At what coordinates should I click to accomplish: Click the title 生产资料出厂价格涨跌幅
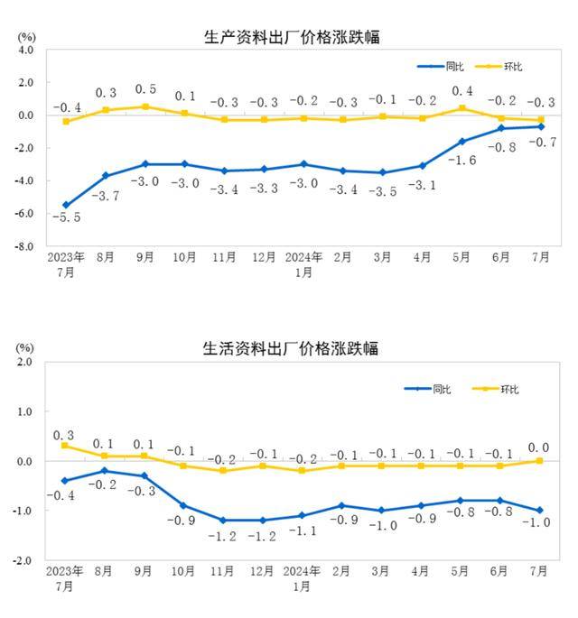tap(290, 37)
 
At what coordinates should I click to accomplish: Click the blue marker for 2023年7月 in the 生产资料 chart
tap(66, 205)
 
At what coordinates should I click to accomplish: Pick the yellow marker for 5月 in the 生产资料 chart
tap(461, 108)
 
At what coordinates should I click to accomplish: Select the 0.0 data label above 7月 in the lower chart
tap(539, 447)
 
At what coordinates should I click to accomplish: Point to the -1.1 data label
tap(302, 532)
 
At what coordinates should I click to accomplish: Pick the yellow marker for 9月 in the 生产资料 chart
tap(144, 106)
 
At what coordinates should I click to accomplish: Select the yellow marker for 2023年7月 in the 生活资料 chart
tap(66, 446)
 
